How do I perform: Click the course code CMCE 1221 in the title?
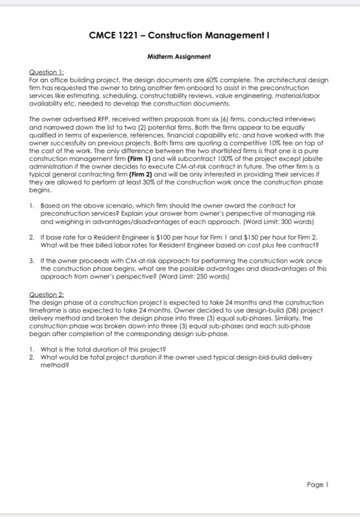coord(115,35)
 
